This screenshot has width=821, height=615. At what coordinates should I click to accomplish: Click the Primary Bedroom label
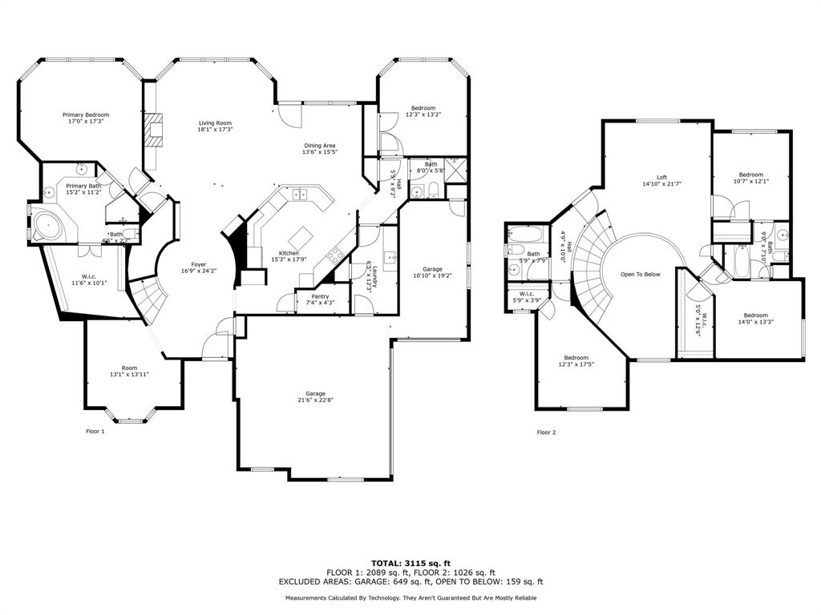pyautogui.click(x=86, y=115)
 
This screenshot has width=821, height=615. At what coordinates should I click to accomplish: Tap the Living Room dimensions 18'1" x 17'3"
pyautogui.click(x=216, y=130)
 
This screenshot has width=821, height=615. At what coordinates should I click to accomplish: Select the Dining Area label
pyautogui.click(x=319, y=146)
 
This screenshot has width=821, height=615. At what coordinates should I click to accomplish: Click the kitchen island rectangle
pyautogui.click(x=301, y=238)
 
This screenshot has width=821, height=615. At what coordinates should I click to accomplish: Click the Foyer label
pyautogui.click(x=198, y=264)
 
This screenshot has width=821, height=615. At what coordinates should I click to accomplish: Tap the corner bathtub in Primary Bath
pyautogui.click(x=49, y=226)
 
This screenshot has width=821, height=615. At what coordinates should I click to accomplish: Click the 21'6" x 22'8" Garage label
pyautogui.click(x=315, y=393)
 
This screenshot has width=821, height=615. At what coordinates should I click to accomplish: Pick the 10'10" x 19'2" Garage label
pyautogui.click(x=433, y=270)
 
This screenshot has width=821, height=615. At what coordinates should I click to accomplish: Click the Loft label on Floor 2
pyautogui.click(x=661, y=178)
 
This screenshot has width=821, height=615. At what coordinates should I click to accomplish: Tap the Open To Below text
pyautogui.click(x=641, y=275)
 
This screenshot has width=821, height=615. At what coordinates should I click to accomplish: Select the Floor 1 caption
pyautogui.click(x=95, y=432)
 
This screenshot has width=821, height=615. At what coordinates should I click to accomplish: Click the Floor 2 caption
pyautogui.click(x=546, y=432)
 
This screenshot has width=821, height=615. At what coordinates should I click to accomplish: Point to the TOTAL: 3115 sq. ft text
pyautogui.click(x=410, y=563)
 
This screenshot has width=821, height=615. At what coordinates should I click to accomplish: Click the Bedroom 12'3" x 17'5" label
pyautogui.click(x=576, y=358)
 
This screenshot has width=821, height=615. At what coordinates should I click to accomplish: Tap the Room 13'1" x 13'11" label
pyautogui.click(x=129, y=368)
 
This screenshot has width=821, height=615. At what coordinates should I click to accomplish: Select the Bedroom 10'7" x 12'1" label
pyautogui.click(x=751, y=175)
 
